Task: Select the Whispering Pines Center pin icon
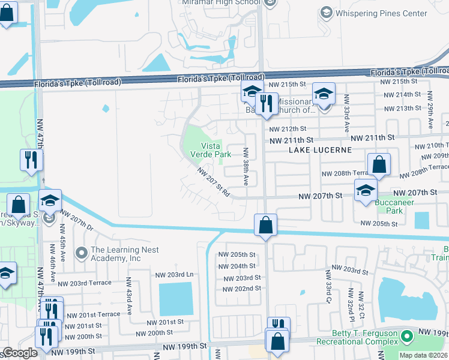click(x=327, y=12)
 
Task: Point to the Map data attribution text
click(x=423, y=355)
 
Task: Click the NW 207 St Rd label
click(x=214, y=182)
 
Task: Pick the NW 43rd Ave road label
click(x=129, y=296)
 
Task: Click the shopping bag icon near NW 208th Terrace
click(x=379, y=164)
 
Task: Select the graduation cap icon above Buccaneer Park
click(x=365, y=190)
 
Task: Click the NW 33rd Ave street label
click(x=346, y=118)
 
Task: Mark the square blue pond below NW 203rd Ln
click(x=176, y=298)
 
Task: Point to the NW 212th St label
click(x=288, y=128)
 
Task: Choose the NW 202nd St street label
click(x=242, y=289)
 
